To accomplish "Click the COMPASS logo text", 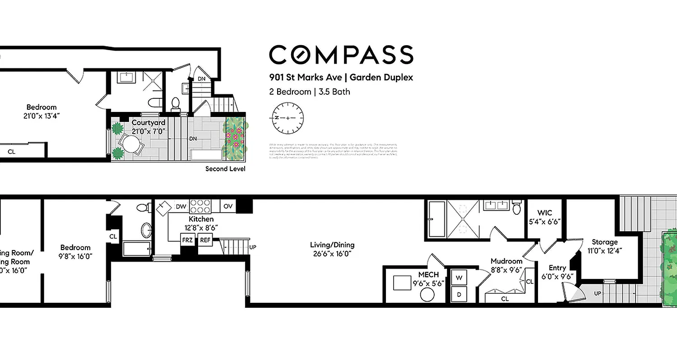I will click(x=341, y=55).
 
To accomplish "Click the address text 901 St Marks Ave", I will click(x=305, y=77).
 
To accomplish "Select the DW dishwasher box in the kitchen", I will click(x=181, y=207).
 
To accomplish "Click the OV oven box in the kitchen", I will click(x=228, y=207).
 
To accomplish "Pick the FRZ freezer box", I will click(x=187, y=240).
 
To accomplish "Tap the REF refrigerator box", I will click(x=205, y=240).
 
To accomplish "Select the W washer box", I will click(x=459, y=277).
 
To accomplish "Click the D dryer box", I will click(x=459, y=294).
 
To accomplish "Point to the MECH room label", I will click(x=428, y=274).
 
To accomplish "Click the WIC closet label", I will click(x=545, y=213).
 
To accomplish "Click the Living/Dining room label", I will click(x=332, y=245).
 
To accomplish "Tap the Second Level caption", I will click(x=225, y=169).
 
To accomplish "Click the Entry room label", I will click(x=557, y=268).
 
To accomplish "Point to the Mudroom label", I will click(x=506, y=261).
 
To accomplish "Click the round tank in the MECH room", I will click(x=427, y=296).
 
